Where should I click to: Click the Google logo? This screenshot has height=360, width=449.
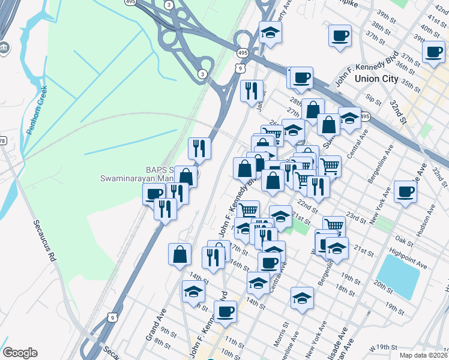(x=20, y=353)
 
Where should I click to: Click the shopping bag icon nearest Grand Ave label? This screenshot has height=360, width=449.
(x=179, y=254)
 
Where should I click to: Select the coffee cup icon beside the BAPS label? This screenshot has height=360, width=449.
(x=154, y=193)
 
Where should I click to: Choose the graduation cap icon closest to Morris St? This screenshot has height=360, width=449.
(x=302, y=297)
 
